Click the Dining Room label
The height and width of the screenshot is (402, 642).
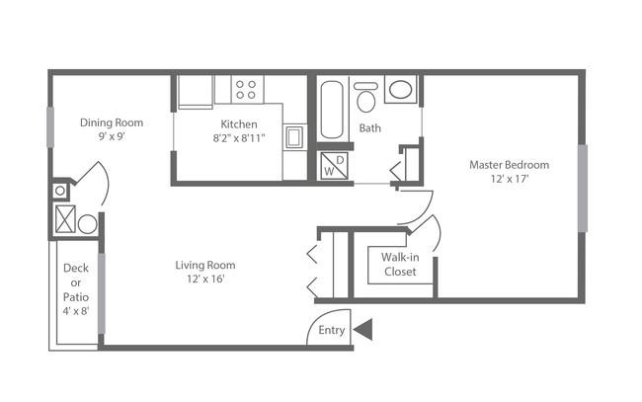point(112,122)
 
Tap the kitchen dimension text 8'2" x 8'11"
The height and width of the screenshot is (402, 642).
point(239,138)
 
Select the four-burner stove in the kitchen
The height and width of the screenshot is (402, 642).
point(247,89)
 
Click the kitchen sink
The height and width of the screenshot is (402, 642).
point(294,137)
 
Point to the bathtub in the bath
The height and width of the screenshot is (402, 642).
point(331,110)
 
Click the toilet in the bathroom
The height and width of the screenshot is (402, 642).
point(366,97)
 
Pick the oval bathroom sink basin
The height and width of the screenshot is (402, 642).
point(400,89)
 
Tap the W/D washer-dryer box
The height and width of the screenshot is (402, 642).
point(334,165)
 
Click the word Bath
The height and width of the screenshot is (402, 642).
point(369,128)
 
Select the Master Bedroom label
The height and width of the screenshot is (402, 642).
point(509,165)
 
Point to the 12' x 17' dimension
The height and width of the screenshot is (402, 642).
point(510,179)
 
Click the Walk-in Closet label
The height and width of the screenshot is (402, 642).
point(400,265)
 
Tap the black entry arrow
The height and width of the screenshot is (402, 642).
point(362,329)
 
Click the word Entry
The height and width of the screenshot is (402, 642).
point(332,330)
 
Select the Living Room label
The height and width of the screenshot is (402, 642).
point(205,265)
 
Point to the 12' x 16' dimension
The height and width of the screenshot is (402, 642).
point(205,279)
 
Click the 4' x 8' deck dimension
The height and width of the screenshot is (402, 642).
point(76,311)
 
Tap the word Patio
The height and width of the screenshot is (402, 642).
point(76,296)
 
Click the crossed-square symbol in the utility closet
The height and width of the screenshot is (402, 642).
point(65,219)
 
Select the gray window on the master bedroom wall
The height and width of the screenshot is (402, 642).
point(582,189)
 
